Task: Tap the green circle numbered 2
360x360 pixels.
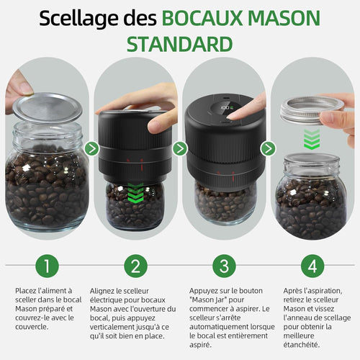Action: (x=135, y=266)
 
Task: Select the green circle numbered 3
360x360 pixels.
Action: (x=222, y=266)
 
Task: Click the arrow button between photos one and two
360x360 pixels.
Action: (x=91, y=149)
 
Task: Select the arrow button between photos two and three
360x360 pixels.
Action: (x=180, y=149)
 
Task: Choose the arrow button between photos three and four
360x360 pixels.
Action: (x=268, y=149)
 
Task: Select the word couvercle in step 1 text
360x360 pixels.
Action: (x=32, y=325)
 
